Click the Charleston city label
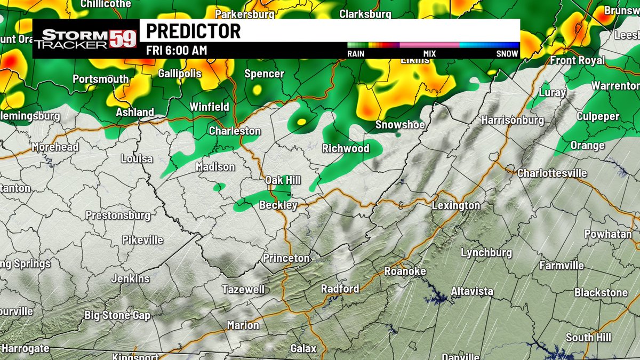click(235, 131)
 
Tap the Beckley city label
click(278, 205)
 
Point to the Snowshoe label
click(400, 125)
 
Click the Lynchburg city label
click(486, 253)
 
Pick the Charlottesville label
click(552, 173)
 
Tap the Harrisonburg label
click(513, 120)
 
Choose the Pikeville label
click(142, 240)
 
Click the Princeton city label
click(286, 258)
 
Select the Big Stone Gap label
click(117, 315)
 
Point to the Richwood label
click(346, 148)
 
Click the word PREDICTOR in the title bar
click(193, 31)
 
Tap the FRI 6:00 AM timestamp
click(177, 51)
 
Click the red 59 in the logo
click(123, 39)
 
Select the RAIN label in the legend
click(356, 53)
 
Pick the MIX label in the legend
click(429, 53)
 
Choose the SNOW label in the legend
click(507, 53)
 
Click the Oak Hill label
click(283, 180)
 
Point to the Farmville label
click(561, 266)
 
